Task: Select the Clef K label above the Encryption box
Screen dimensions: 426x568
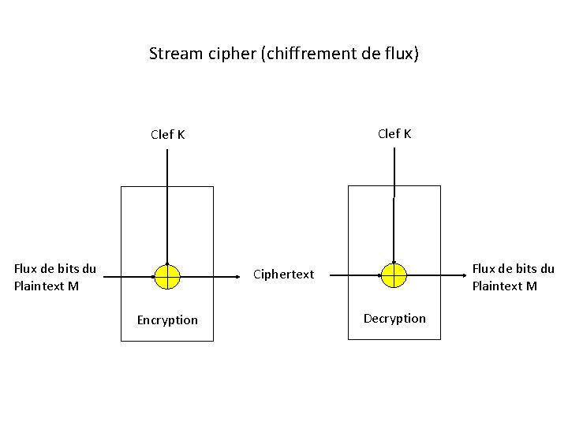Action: (x=168, y=134)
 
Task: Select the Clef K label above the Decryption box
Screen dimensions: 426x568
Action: (x=394, y=133)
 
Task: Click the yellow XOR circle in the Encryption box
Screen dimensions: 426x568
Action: (x=167, y=275)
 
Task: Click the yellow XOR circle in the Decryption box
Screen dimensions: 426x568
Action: (x=393, y=275)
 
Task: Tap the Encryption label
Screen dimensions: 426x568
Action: (x=167, y=319)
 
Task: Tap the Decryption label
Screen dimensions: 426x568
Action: (x=394, y=318)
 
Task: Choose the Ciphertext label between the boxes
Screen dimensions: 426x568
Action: (x=283, y=275)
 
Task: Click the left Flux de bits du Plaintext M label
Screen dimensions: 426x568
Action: (x=55, y=277)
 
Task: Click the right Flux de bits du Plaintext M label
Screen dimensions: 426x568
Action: (x=513, y=277)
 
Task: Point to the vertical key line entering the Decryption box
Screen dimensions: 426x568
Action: (x=394, y=205)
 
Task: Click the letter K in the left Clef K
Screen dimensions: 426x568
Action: (x=181, y=134)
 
